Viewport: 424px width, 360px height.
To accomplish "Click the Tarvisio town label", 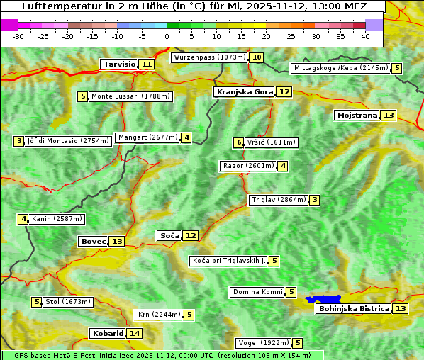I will (x=119, y=64).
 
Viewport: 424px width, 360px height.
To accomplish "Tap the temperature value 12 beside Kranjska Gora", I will (x=284, y=91).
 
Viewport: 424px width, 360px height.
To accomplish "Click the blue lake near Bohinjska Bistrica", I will (x=324, y=299).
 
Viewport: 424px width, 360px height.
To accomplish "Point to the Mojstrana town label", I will (x=357, y=115).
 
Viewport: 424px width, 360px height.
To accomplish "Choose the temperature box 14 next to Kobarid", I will (x=135, y=333).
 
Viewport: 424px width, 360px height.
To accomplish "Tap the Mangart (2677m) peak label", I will (x=147, y=137).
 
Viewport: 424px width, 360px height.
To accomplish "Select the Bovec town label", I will (x=93, y=241).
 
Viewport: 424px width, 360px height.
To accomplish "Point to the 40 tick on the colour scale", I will (x=365, y=36).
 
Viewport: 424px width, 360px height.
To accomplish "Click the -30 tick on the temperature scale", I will (x=18, y=36).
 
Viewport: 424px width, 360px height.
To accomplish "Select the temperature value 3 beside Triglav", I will (x=314, y=200).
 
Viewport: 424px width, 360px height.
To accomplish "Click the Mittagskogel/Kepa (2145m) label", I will (x=340, y=68).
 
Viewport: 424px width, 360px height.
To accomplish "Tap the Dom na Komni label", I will (x=257, y=292).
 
